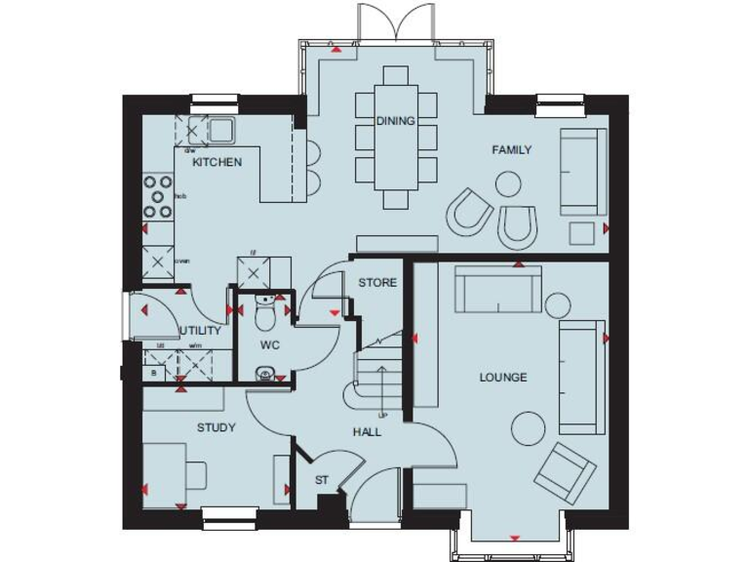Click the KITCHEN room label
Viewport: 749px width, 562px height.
tap(217, 162)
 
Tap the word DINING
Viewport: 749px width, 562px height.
tap(395, 121)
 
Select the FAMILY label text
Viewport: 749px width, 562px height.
tap(511, 150)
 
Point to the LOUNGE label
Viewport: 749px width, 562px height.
tap(503, 377)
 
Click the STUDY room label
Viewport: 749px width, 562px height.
tap(216, 427)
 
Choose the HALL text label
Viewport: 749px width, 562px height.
tap(367, 432)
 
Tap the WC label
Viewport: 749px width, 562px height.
tap(270, 345)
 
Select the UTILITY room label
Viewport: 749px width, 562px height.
tap(201, 331)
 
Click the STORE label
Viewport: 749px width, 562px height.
tap(377, 283)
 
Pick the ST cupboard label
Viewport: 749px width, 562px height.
tap(321, 481)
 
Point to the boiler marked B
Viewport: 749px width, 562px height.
tap(153, 373)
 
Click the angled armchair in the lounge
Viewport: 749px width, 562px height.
tap(566, 472)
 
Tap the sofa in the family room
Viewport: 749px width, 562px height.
tap(582, 171)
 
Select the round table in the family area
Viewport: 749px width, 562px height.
tap(508, 183)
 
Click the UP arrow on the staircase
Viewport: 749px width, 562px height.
tap(382, 381)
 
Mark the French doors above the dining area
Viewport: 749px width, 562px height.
tap(395, 21)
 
